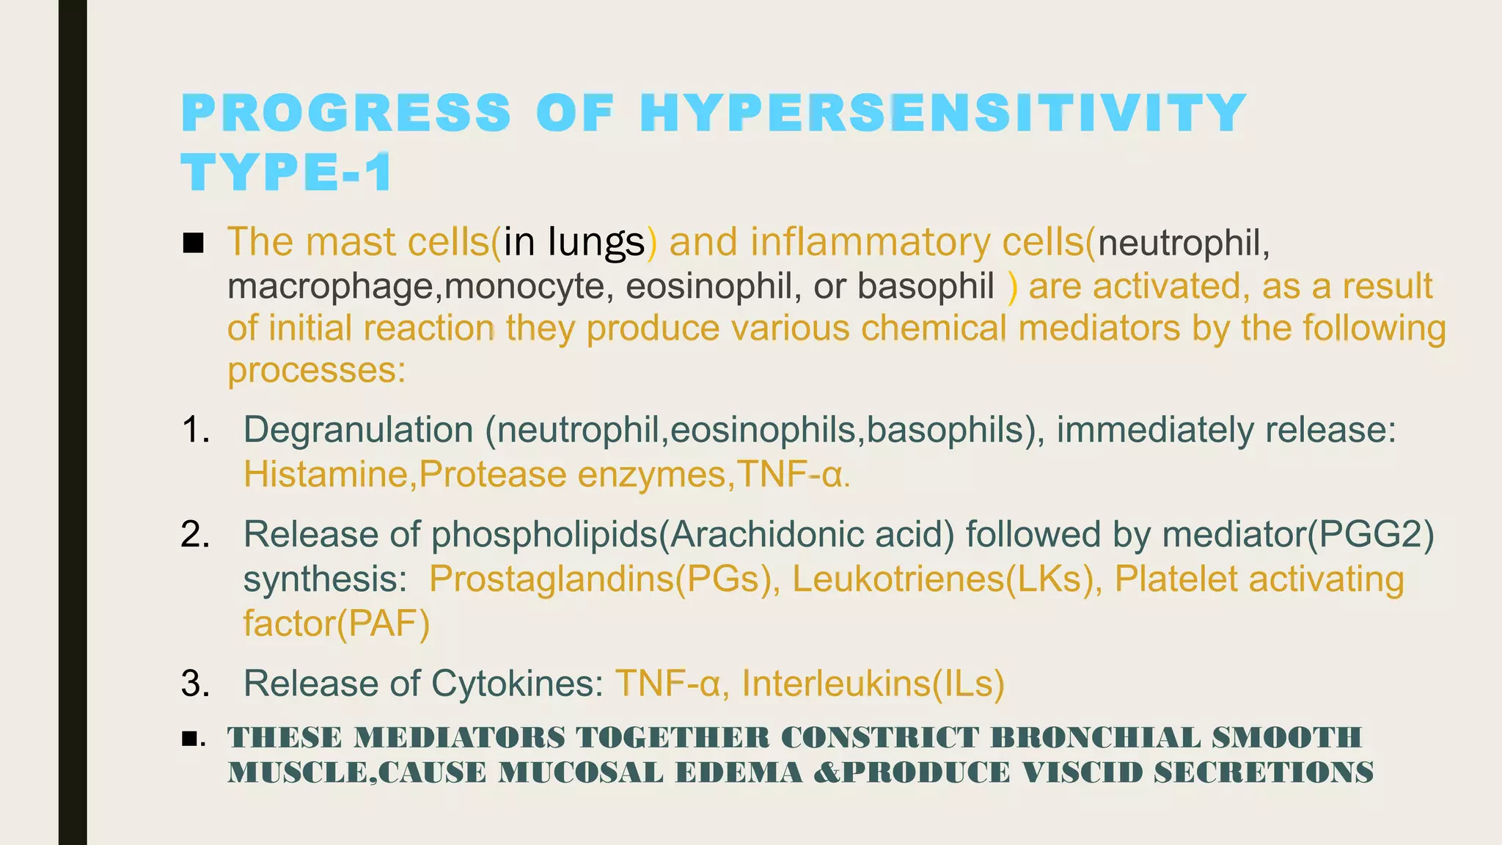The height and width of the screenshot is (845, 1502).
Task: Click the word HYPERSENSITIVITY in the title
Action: click(x=942, y=114)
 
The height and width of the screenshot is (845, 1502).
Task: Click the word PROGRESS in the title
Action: click(x=346, y=114)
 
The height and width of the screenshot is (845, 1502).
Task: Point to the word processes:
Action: click(x=316, y=370)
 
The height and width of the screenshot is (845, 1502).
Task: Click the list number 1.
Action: click(x=195, y=430)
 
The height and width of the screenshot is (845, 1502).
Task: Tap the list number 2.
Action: click(x=195, y=534)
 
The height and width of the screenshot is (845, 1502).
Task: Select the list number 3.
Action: click(x=195, y=684)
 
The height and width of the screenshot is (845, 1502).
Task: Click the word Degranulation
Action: click(x=358, y=430)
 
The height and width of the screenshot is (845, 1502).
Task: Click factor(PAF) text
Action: click(x=336, y=623)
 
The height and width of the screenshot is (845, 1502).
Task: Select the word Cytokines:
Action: click(x=517, y=684)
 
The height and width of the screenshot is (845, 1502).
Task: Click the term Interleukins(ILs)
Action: click(x=873, y=684)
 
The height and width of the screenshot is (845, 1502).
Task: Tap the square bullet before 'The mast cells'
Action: click(x=193, y=243)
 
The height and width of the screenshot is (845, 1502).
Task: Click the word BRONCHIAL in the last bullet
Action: click(x=1095, y=738)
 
